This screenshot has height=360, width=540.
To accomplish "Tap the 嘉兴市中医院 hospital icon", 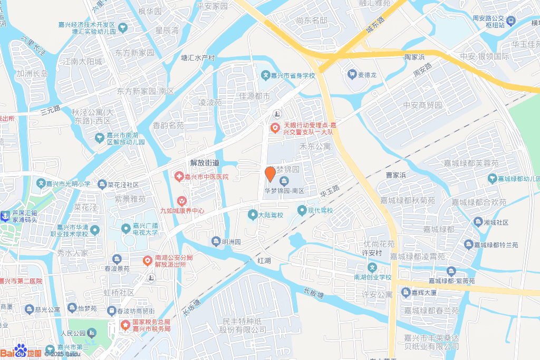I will (x=179, y=176).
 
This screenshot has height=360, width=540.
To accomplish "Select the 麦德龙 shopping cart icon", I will (x=351, y=75).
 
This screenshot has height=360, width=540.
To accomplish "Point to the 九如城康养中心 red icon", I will (x=182, y=201).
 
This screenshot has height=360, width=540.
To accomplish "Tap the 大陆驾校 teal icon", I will (x=252, y=215).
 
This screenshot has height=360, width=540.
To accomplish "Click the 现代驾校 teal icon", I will (x=302, y=211).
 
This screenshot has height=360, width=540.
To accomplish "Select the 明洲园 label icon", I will (x=216, y=242).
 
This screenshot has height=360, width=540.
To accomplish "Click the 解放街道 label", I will (x=205, y=163).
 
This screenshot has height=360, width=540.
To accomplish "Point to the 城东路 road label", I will (x=375, y=32).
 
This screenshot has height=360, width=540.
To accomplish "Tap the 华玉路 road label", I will (x=330, y=191).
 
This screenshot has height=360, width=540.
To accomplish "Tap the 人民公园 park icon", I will (x=92, y=333).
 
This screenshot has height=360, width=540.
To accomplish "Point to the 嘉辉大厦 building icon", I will (x=406, y=293).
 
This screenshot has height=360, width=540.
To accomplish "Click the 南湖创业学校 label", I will (x=373, y=277).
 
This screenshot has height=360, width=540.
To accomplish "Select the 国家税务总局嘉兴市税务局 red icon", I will (x=126, y=325).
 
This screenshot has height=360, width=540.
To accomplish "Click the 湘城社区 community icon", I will (x=478, y=222).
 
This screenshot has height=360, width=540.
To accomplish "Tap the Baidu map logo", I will (x=21, y=352).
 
